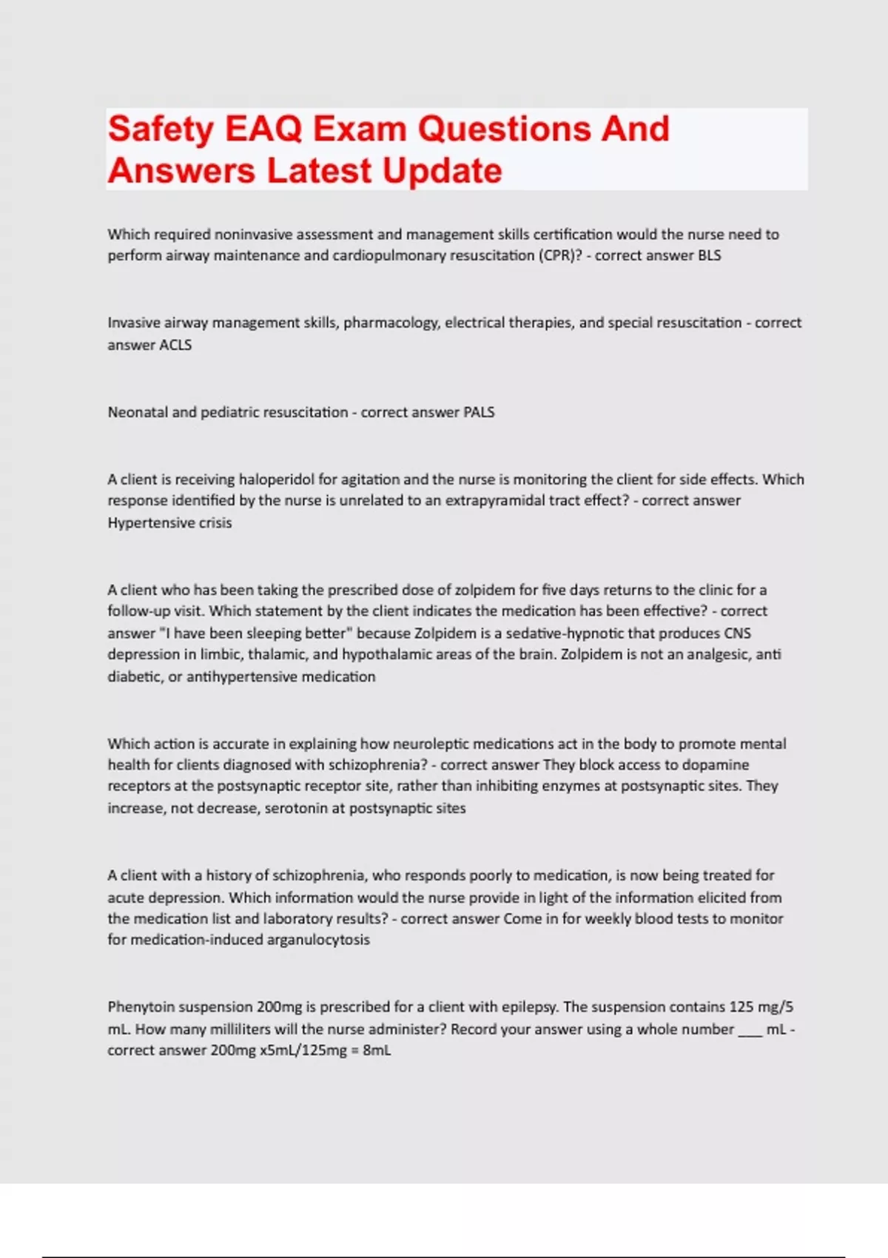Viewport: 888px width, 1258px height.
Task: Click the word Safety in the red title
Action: [x=161, y=129]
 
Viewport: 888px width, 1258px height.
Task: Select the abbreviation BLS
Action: [x=709, y=255]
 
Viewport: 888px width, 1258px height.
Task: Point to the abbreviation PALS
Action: [x=479, y=412]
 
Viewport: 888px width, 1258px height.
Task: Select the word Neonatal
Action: [x=138, y=412]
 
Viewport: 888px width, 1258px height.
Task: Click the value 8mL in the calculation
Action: [x=377, y=1050]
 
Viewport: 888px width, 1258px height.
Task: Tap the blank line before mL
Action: [x=750, y=1030]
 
